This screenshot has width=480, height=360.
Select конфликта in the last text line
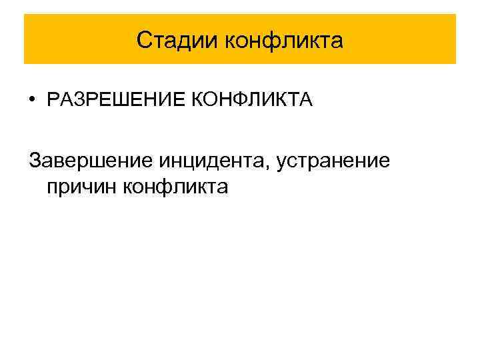click(x=175, y=187)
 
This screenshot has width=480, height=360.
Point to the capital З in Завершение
click(x=35, y=160)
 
